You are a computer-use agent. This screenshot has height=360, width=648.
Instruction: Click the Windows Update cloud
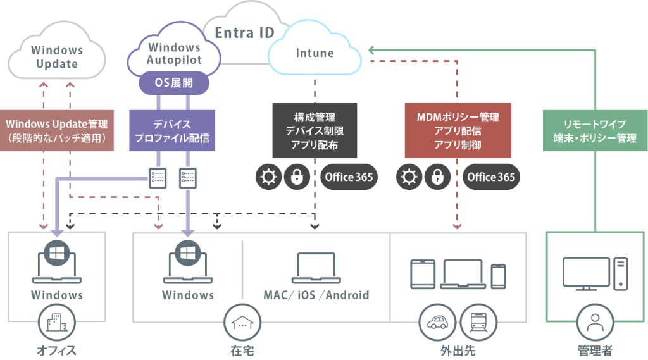click(x=56, y=51)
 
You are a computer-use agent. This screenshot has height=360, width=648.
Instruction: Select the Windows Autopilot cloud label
click(x=174, y=54)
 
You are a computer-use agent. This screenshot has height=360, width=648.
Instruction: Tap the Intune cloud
click(x=315, y=49)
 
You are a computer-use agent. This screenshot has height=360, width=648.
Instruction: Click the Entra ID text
click(x=245, y=33)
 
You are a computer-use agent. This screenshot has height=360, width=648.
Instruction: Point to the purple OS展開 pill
click(x=173, y=83)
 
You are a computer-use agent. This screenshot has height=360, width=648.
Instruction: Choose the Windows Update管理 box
click(x=56, y=130)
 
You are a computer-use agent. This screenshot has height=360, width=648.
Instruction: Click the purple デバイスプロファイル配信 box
click(x=172, y=130)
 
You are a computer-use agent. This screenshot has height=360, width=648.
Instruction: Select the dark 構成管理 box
click(x=315, y=130)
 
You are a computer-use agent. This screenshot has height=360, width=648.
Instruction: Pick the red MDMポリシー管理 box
click(x=458, y=130)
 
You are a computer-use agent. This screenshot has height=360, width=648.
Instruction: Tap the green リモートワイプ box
click(x=595, y=130)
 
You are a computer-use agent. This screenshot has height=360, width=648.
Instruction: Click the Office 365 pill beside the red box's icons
click(x=491, y=177)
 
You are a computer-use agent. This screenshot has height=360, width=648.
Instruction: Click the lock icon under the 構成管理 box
click(x=297, y=177)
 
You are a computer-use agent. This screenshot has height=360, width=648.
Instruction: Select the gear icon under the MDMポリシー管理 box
click(x=409, y=177)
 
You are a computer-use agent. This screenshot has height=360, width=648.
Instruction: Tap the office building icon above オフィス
click(x=56, y=323)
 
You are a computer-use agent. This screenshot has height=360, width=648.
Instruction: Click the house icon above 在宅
click(x=242, y=323)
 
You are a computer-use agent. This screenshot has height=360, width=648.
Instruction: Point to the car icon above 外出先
click(x=437, y=323)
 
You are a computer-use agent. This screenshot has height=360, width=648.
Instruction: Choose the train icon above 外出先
click(x=478, y=323)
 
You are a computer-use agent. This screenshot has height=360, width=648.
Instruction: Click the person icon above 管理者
click(x=595, y=323)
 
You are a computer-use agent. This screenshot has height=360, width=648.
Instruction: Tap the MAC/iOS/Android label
click(x=316, y=295)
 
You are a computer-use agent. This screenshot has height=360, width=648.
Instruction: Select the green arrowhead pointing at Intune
click(x=371, y=51)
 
